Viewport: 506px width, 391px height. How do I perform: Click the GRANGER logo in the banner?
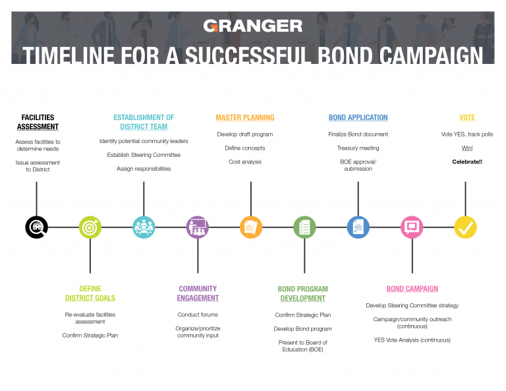pyautogui.click(x=253, y=26)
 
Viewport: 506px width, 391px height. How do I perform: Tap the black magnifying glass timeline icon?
pyautogui.click(x=36, y=227)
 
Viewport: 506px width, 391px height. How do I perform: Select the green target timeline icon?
pyautogui.click(x=90, y=227)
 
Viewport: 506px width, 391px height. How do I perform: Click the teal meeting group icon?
pyautogui.click(x=144, y=227)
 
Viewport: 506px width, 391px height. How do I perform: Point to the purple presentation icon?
pyautogui.click(x=198, y=227)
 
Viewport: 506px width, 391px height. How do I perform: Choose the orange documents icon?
pyautogui.click(x=251, y=227)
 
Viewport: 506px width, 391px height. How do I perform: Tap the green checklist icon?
pyautogui.click(x=304, y=227)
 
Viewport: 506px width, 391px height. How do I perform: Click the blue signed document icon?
pyautogui.click(x=358, y=227)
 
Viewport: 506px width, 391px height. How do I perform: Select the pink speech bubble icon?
pyautogui.click(x=412, y=227)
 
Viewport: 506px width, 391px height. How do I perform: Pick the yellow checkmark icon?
pyautogui.click(x=465, y=227)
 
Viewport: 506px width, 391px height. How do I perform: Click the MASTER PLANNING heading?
pyautogui.click(x=245, y=117)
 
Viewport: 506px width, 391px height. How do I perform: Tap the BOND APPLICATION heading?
pyautogui.click(x=358, y=117)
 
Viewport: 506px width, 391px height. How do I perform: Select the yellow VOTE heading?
pyautogui.click(x=467, y=117)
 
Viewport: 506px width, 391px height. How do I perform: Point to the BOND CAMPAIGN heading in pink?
pyautogui.click(x=412, y=289)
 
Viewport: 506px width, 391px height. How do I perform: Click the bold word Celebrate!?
pyautogui.click(x=467, y=162)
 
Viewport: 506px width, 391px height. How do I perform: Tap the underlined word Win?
pyautogui.click(x=467, y=148)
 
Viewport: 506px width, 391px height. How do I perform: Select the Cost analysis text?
pyautogui.click(x=245, y=162)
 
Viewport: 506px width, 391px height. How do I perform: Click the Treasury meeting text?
pyautogui.click(x=358, y=148)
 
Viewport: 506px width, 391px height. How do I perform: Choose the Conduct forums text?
pyautogui.click(x=198, y=315)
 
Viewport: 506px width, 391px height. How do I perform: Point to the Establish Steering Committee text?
pyautogui.click(x=144, y=155)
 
